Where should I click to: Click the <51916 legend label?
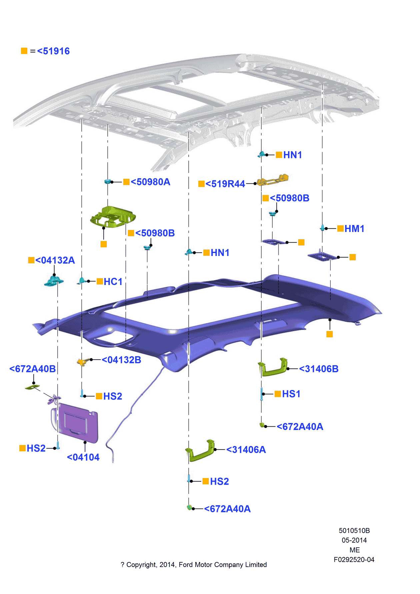(53, 51)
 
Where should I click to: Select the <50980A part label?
(150, 182)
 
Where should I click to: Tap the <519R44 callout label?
(225, 184)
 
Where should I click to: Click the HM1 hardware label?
(354, 229)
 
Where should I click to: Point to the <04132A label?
(55, 260)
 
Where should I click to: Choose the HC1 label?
(113, 282)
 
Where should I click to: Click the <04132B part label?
(121, 360)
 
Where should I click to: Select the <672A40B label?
(33, 369)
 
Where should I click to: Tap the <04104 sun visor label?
(83, 457)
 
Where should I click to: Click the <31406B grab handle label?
(319, 369)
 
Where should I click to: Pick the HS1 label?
(291, 394)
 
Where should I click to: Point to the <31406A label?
(246, 450)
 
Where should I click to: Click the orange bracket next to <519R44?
(273, 180)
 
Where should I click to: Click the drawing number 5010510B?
(354, 531)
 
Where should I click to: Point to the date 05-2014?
(354, 540)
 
